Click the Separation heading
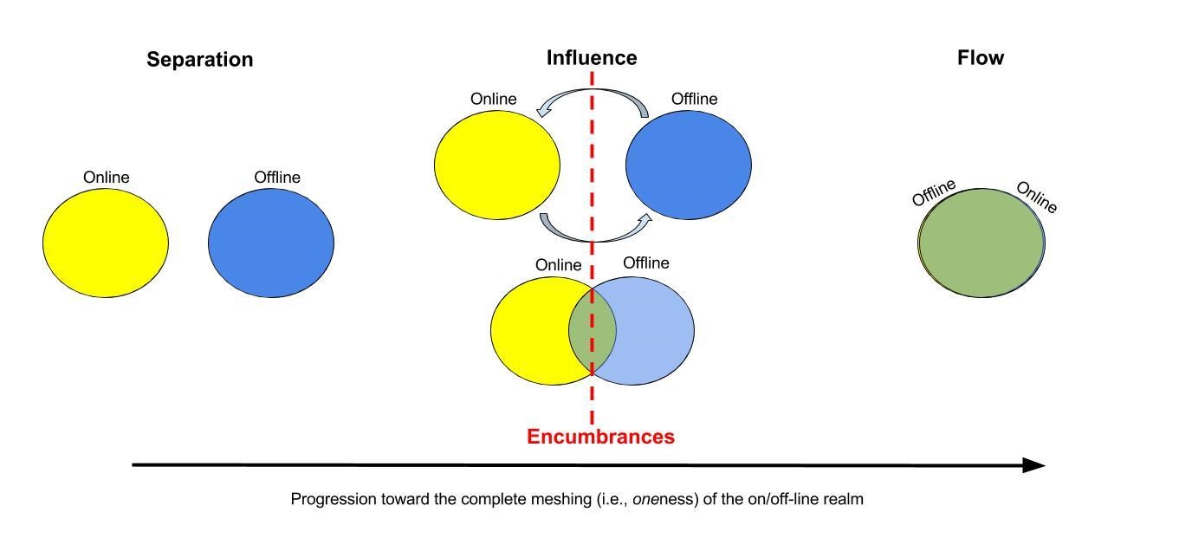pos(199,60)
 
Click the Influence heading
pos(592,58)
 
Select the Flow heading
pos(981,58)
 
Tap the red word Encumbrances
pos(600,437)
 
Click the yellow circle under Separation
pos(106,243)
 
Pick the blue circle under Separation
pos(271,243)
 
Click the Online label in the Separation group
pos(106,178)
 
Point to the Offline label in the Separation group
pos(277,178)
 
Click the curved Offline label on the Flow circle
pos(934,192)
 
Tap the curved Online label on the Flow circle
pos(1036,198)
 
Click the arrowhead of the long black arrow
pos(1034,465)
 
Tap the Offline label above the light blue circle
pos(646,263)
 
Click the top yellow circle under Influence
pos(497,164)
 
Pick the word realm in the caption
pos(844,499)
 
